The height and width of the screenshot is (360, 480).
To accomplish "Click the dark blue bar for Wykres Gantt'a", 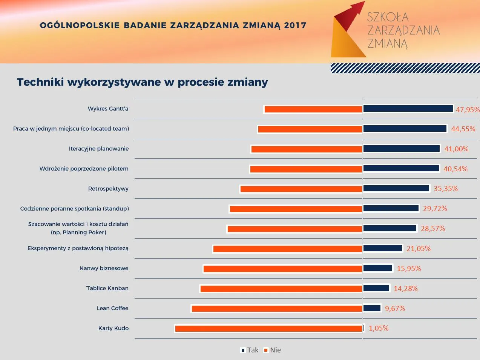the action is point(408,109).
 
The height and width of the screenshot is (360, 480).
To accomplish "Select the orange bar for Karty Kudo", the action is point(268,328).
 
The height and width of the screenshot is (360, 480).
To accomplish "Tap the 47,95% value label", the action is point(468,109).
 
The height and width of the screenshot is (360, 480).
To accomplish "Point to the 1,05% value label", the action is point(379,328).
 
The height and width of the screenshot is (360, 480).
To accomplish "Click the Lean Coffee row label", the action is point(113,308).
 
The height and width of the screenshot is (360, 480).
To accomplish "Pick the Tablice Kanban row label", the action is point(107,288).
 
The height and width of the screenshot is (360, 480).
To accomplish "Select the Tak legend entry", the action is point(250,350).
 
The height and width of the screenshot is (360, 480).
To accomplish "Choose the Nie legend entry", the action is point(273,350).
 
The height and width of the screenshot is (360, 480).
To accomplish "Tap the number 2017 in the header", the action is point(295,25).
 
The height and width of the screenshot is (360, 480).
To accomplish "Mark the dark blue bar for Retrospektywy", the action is point(396,188).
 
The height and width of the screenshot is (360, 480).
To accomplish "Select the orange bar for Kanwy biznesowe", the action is point(283,269).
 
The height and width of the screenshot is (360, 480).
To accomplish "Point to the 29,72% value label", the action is point(435,209).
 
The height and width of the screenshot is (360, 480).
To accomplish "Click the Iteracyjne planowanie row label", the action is point(99,149).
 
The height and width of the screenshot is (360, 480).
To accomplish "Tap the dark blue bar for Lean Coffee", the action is point(372,308).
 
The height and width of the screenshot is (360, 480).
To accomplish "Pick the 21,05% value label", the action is point(419,249).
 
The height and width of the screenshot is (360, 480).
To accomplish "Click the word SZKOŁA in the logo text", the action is point(388,17).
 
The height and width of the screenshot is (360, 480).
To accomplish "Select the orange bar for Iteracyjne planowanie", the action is point(307,149).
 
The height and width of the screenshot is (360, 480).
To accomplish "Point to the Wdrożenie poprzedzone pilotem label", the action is point(84,169).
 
